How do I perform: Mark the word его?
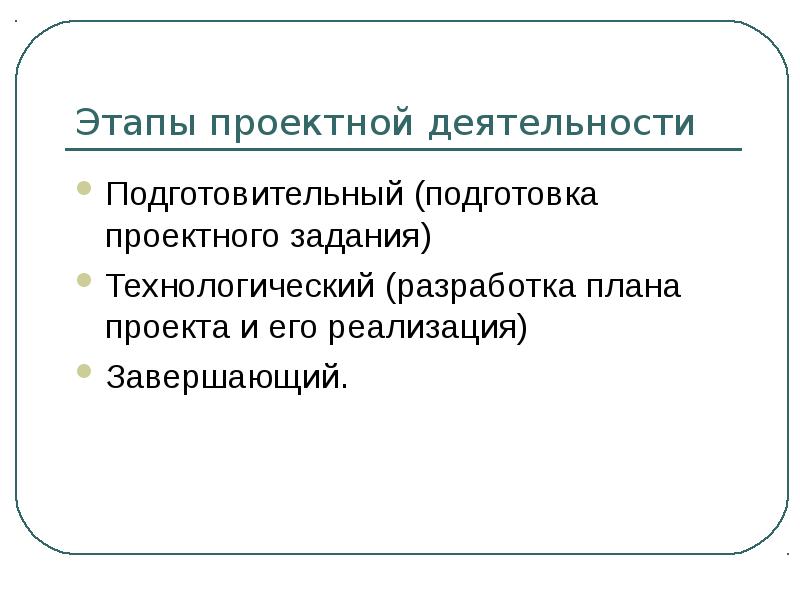[x=303, y=329]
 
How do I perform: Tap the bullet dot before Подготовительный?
[x=84, y=189]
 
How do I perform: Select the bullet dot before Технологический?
[x=84, y=281]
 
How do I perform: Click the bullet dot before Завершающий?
[x=84, y=372]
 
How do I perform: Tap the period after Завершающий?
[x=346, y=386]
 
